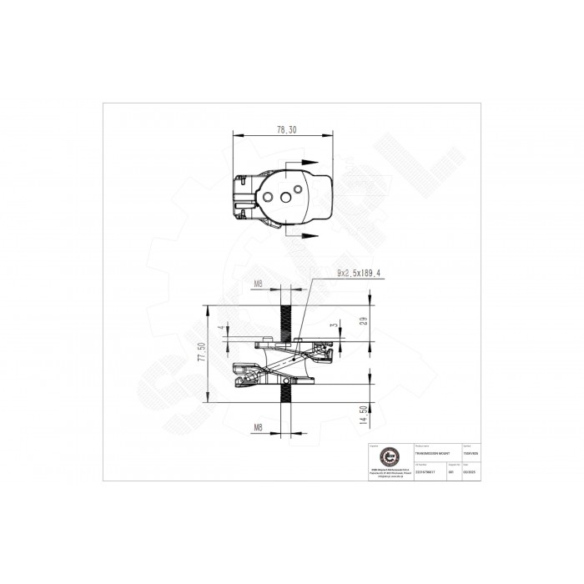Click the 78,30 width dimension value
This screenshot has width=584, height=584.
(285, 130)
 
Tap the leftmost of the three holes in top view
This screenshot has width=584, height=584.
(269, 198)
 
